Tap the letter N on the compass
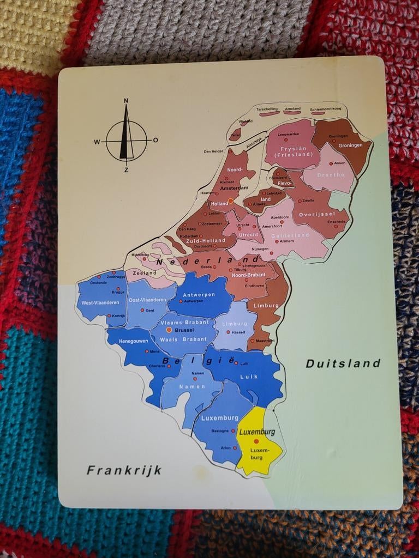126,100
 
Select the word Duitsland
343,363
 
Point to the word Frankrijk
124,470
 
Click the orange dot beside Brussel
169,330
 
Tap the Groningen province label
350,145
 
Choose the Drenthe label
331,175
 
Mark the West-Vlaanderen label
100,302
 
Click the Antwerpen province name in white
199,294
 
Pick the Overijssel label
316,214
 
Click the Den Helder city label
213,151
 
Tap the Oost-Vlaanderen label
147,300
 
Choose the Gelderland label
290,235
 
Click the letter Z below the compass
126,169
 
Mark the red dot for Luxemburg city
256,441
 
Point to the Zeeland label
144,272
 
